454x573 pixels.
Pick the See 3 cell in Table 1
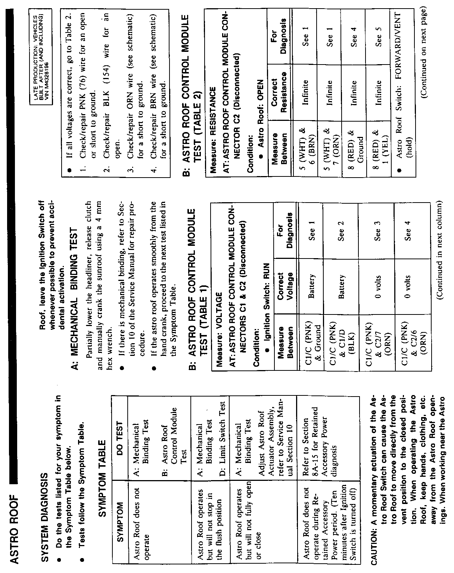[377, 228]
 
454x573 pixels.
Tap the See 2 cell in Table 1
[340, 228]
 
